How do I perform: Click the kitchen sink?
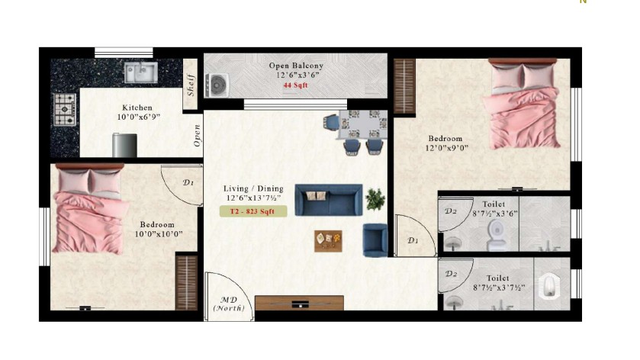pos(141,72)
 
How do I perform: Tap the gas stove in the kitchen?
pos(65,109)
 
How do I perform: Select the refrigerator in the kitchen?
pos(124,146)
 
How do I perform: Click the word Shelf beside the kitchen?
pos(190,85)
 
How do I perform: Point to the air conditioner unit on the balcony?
pos(217,85)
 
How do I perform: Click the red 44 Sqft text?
pos(295,85)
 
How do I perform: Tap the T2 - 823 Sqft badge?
pos(253,211)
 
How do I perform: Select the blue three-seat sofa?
pos(329,200)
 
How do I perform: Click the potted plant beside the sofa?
pos(375,199)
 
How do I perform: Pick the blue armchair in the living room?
pos(375,240)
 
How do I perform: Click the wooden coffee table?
pos(328,241)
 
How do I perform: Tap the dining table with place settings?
pos(362,124)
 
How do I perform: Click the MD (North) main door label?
pos(229,304)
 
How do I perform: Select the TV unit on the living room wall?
pos(299,304)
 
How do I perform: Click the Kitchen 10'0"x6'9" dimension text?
pos(138,112)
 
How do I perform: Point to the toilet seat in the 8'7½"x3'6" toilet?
pos(497,235)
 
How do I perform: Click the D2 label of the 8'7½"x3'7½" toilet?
pos(451,274)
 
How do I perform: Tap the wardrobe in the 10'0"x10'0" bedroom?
pos(187,282)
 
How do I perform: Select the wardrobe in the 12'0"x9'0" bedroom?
pos(404,86)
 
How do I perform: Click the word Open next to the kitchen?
pos(197,136)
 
